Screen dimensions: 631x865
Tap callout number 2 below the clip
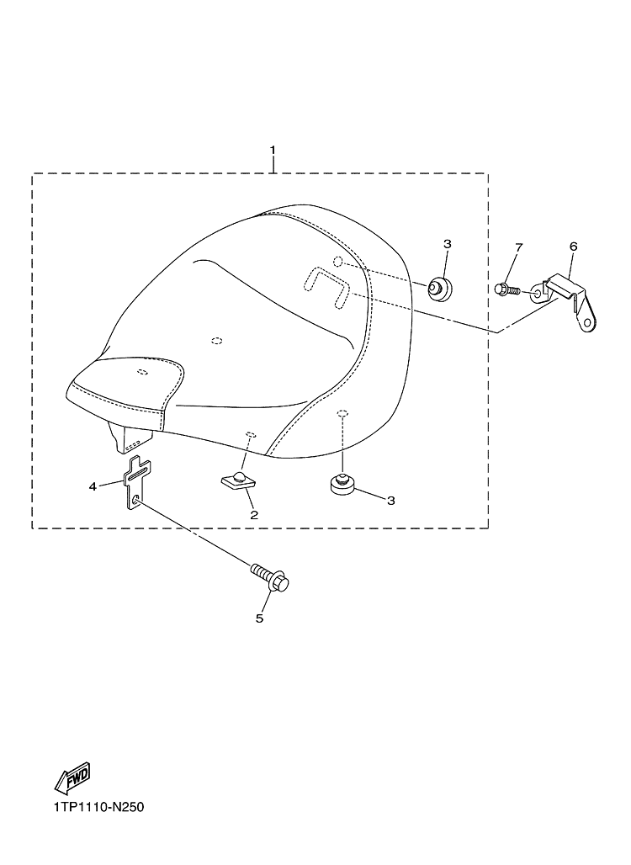[x=254, y=515]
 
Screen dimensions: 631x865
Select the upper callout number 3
[x=448, y=243]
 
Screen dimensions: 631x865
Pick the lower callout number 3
[x=390, y=501]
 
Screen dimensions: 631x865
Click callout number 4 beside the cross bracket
[x=93, y=486]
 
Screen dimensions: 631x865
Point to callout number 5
[x=259, y=618]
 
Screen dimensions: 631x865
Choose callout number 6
[x=573, y=246]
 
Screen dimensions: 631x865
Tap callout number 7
[x=518, y=247]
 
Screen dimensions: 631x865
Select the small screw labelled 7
[x=507, y=289]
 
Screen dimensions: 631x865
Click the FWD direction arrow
[x=72, y=780]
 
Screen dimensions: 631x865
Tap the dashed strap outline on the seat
[x=326, y=285]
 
